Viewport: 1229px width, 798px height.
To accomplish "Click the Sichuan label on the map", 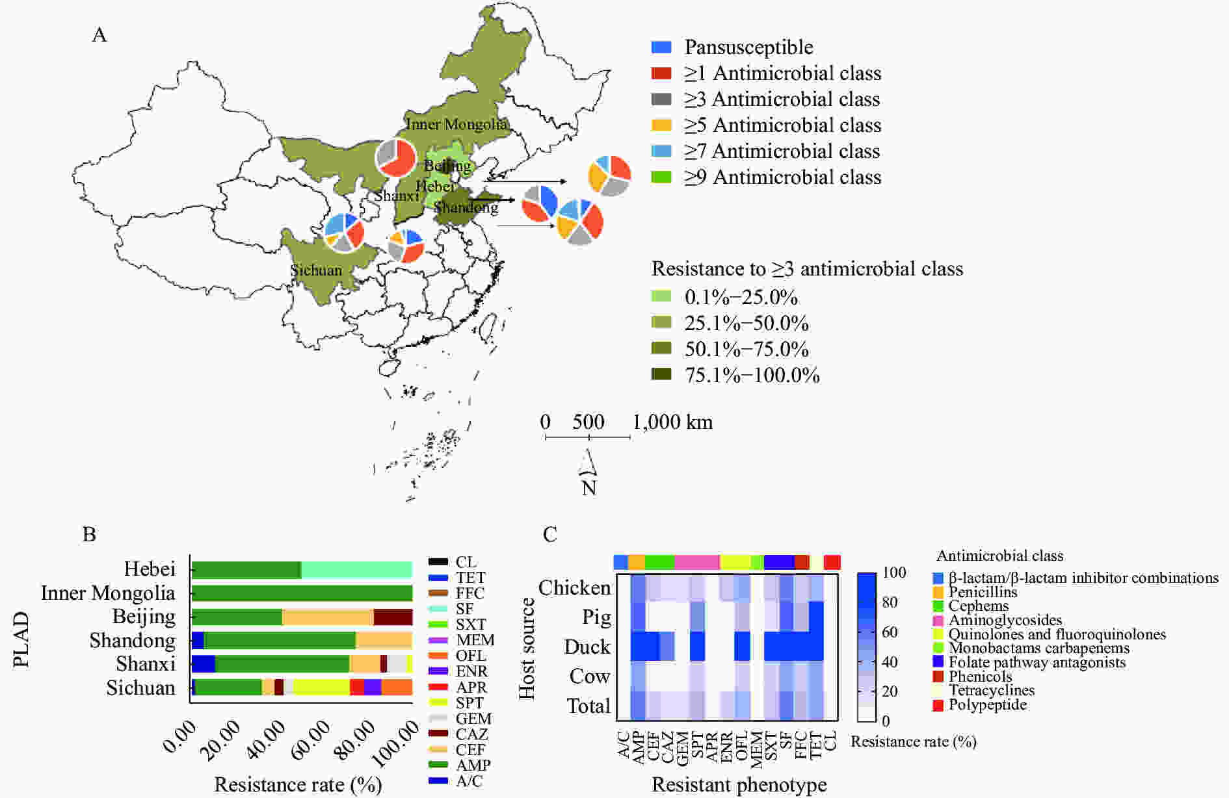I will tap(316, 270).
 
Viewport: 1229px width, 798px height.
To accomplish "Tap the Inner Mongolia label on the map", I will tap(456, 123).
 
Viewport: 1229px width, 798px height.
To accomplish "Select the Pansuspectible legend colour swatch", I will tap(661, 47).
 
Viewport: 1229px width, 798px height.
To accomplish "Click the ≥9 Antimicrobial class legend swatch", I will tap(661, 177).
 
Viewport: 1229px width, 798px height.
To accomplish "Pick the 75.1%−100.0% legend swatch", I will tap(661, 374).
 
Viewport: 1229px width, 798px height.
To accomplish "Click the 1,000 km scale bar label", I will tap(672, 422).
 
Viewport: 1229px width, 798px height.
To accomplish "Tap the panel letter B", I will tap(89, 534).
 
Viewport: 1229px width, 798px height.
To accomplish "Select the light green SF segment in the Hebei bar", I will tap(356, 570).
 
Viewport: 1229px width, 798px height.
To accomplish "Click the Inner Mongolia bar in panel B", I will tap(302, 593).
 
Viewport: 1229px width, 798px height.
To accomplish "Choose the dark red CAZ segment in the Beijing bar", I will tap(393, 617).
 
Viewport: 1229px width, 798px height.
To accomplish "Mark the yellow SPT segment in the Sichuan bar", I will tap(321, 688).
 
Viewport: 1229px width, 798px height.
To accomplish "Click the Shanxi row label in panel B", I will tap(146, 664).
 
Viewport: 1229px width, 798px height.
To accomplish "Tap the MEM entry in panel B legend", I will tap(475, 640).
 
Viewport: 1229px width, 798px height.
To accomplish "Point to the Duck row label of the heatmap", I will tap(587, 647).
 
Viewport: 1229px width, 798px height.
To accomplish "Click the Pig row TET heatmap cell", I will tap(816, 617).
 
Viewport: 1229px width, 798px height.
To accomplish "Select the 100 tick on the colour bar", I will tap(895, 573).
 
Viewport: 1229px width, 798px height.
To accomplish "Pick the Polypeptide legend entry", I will tap(987, 704).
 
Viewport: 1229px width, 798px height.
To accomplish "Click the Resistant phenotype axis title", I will tap(739, 784).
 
